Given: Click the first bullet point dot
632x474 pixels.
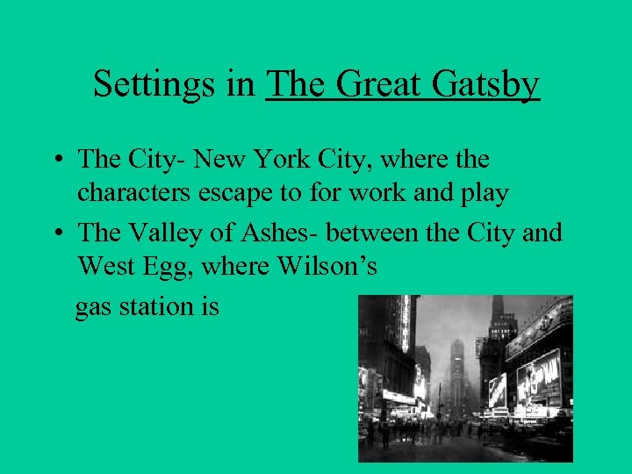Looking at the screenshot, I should pyautogui.click(x=56, y=162).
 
